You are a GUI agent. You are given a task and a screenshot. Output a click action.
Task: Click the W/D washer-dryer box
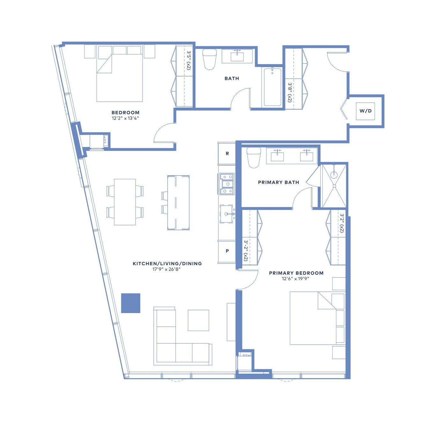coord(365,111)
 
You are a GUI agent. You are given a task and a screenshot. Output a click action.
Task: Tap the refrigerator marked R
coord(227,153)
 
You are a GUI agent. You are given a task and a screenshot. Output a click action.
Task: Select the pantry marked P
coord(227,251)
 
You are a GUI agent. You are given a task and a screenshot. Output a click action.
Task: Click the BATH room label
coord(231,78)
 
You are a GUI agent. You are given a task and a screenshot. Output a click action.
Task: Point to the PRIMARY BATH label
coord(278,182)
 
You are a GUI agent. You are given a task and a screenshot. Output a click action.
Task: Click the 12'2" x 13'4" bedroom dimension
coord(125,118)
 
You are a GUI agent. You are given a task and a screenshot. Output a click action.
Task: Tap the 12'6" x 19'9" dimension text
coord(295,279)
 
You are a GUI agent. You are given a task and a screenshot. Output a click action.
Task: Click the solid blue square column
coord(130,303)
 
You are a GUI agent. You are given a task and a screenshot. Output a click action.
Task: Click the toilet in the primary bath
coord(253,157)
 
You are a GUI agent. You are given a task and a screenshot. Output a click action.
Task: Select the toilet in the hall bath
coord(209,59)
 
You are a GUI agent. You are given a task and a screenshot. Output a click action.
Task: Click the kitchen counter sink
coord(226,214)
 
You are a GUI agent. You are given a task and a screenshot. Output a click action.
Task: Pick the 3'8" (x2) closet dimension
coord(290,93)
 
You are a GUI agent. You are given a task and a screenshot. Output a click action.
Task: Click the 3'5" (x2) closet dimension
coord(188,60)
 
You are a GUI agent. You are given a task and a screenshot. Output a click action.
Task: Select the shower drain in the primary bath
coord(334,174)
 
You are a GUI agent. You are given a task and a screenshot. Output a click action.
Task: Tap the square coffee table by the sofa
coord(198,320)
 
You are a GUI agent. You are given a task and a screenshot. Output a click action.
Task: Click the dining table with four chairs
coord(125,202)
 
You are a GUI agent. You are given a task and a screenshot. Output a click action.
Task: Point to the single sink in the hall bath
coord(237,56)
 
